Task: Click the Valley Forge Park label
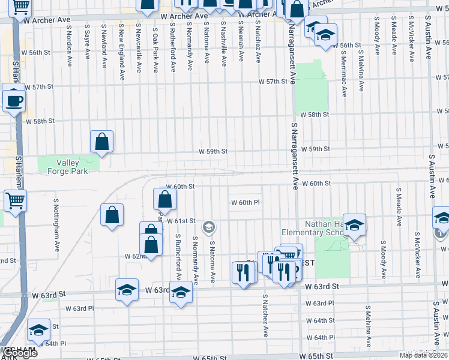tap(72, 167)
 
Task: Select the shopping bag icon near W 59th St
tap(102, 142)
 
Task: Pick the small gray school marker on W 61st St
tap(209, 226)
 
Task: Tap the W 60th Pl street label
tap(246, 203)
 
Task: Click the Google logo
tap(19, 353)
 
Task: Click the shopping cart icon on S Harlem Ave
tap(14, 200)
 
